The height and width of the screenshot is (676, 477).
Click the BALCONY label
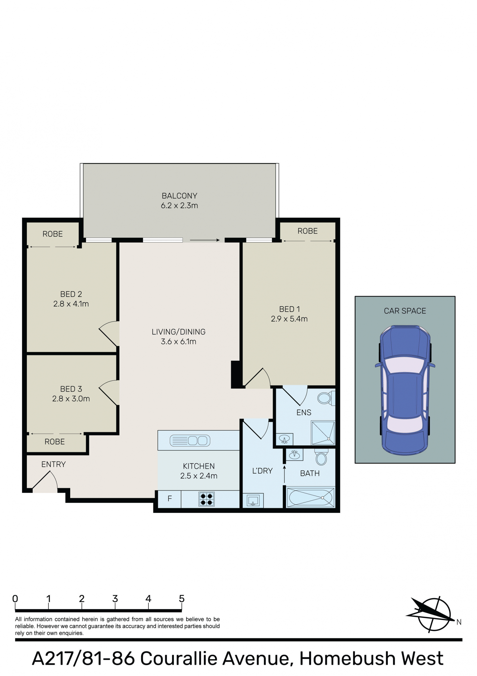[x=179, y=196]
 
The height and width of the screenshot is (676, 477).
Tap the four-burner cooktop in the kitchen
[x=206, y=499]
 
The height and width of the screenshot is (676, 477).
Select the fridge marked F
[x=170, y=499]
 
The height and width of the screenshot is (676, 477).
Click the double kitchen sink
[x=190, y=441]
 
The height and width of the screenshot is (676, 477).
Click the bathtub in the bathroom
[x=311, y=497]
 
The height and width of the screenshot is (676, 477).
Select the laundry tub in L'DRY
[x=253, y=500]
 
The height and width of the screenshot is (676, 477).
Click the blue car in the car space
[x=405, y=390]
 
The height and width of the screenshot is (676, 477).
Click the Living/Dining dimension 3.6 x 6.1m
[x=179, y=341]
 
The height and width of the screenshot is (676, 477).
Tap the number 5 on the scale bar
[x=182, y=599]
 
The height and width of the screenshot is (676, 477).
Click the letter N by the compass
[x=459, y=622]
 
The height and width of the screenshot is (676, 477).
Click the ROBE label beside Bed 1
[x=308, y=231]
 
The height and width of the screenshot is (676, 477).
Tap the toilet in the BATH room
[x=321, y=457]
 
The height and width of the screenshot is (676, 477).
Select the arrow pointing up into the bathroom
[x=284, y=474]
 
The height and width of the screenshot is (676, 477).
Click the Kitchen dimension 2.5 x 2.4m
[x=199, y=476]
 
